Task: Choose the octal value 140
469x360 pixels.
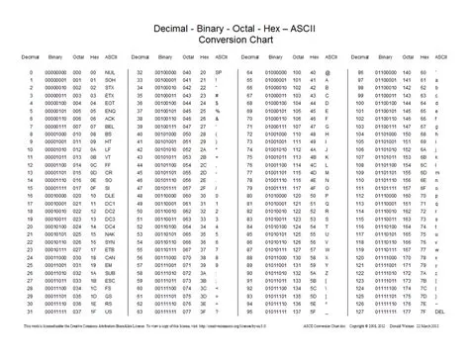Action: pos(413,73)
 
